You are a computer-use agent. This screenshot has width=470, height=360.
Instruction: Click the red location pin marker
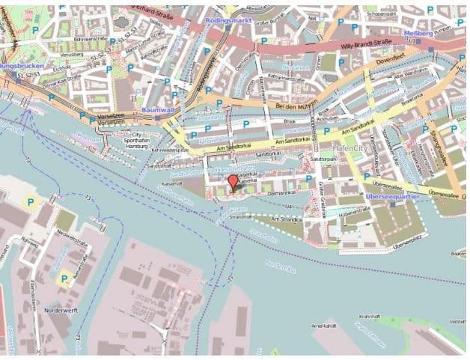tap(234, 182)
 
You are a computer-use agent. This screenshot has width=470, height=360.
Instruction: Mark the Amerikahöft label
tap(323, 326)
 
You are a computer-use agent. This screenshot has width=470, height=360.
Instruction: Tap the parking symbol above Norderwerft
tap(64, 280)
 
